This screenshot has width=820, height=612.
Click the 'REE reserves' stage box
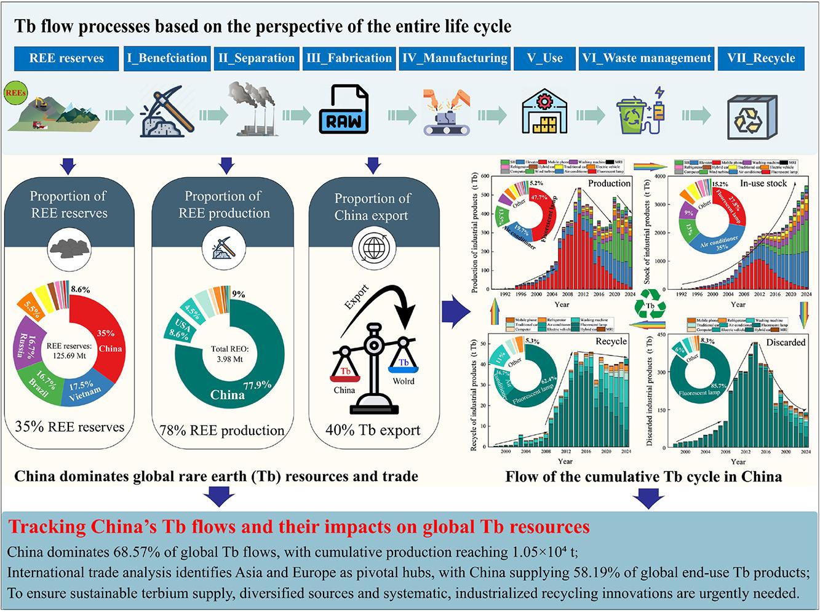[66, 58]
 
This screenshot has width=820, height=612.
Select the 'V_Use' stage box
[544, 58]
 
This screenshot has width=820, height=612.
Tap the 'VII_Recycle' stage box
[761, 58]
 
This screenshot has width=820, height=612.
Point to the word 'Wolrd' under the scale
[403, 381]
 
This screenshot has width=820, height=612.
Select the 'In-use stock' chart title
[764, 183]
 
